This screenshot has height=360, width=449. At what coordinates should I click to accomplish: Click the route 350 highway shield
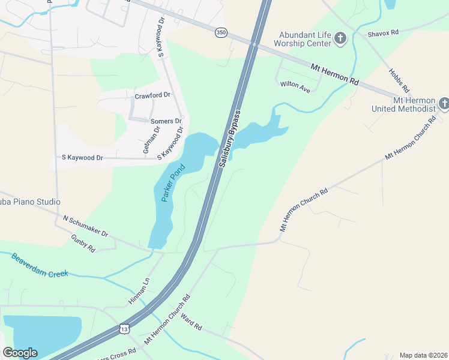click(221, 33)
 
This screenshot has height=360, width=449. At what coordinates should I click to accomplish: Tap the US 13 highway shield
click(124, 329)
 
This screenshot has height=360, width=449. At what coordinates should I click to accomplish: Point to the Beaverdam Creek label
click(40, 265)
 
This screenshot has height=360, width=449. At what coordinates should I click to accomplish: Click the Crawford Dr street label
click(152, 95)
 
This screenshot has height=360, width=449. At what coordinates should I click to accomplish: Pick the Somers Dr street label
click(166, 121)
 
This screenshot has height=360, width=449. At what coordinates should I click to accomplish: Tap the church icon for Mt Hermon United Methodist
click(444, 104)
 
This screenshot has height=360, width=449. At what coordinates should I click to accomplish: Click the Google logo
click(20, 353)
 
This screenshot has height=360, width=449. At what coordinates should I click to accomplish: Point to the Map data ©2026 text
click(423, 355)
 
